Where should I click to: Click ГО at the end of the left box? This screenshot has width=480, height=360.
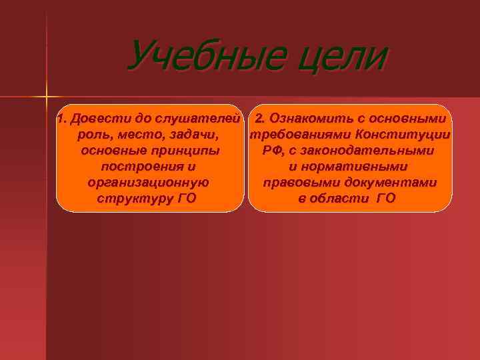click(x=187, y=198)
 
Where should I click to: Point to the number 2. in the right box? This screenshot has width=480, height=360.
click(x=261, y=119)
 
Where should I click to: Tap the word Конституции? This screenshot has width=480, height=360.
click(x=403, y=135)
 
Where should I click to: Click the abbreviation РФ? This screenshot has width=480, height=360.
click(x=271, y=151)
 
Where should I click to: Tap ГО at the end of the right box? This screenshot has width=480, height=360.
click(x=386, y=198)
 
